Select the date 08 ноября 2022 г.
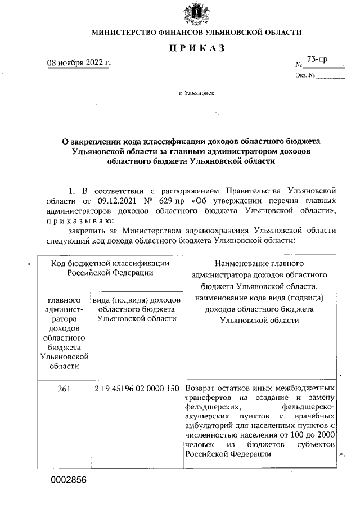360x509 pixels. [x=78, y=62]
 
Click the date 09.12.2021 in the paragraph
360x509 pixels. [x=116, y=200]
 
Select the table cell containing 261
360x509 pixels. [x=64, y=388]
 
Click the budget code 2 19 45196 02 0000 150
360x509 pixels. [x=137, y=388]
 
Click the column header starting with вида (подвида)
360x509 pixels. [x=137, y=309]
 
